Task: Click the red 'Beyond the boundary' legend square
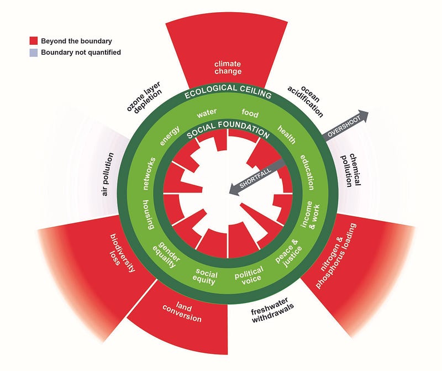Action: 34,40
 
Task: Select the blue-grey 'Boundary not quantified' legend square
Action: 34,53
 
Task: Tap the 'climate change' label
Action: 228,67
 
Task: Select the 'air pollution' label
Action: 107,174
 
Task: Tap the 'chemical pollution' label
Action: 350,170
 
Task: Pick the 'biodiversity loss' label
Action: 122,253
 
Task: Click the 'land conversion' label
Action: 182,312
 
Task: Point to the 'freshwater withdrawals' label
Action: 271,310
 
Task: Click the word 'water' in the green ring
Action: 207,113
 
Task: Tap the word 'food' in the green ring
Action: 250,113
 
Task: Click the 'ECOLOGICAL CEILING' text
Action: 228,91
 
